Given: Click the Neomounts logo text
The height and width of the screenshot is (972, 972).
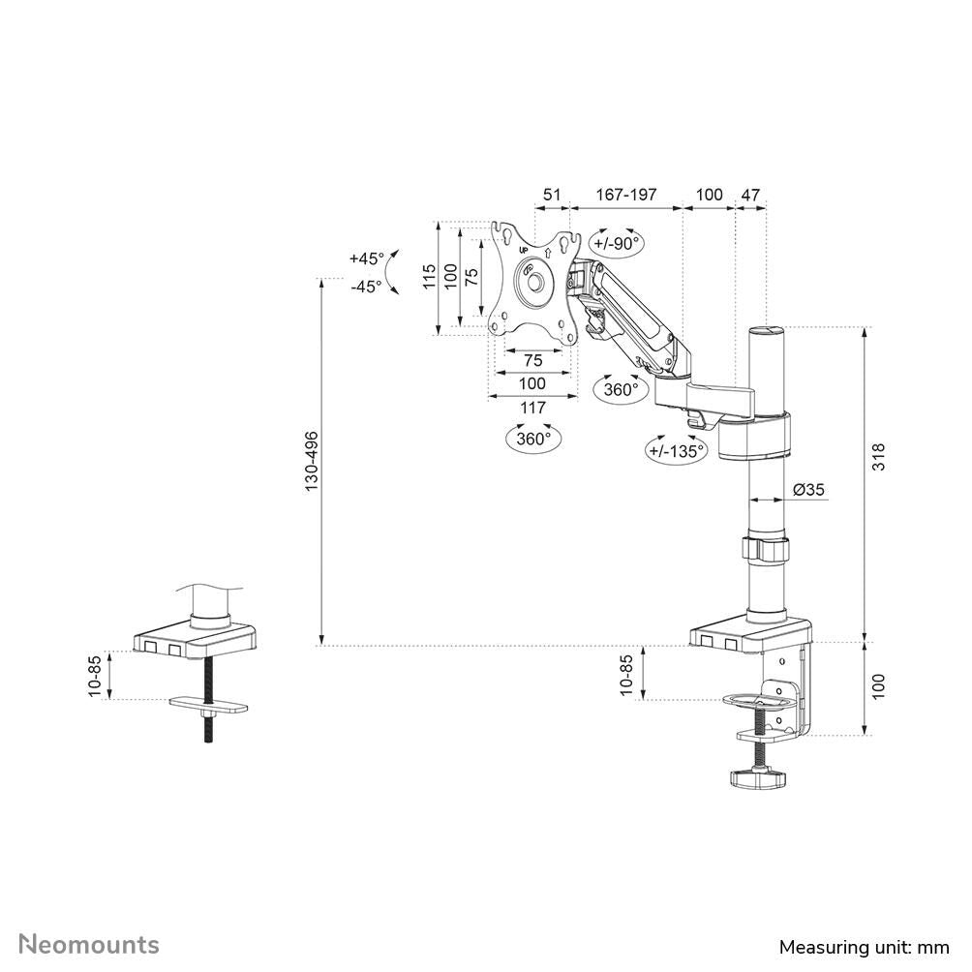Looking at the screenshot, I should pyautogui.click(x=90, y=944).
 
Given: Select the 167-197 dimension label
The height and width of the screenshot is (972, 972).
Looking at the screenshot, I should pyautogui.click(x=625, y=195).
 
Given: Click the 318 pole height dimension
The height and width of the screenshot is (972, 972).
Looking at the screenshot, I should pyautogui.click(x=878, y=457).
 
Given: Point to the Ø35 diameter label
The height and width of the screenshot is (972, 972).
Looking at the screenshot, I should pyautogui.click(x=808, y=490).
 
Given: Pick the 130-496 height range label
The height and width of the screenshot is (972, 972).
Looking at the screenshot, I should pyautogui.click(x=312, y=459).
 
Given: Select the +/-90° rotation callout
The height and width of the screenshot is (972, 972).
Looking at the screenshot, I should pyautogui.click(x=618, y=244).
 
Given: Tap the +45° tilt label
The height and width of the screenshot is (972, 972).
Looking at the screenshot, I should pyautogui.click(x=367, y=258).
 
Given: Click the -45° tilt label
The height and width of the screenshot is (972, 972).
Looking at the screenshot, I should pyautogui.click(x=366, y=287).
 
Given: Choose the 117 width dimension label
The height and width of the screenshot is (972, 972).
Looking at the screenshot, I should pyautogui.click(x=532, y=408).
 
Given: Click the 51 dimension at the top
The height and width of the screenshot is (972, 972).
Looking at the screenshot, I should pyautogui.click(x=551, y=195).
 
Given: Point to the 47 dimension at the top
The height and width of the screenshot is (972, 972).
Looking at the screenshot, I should pyautogui.click(x=750, y=195).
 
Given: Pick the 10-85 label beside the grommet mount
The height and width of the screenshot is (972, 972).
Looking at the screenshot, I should pyautogui.click(x=94, y=676).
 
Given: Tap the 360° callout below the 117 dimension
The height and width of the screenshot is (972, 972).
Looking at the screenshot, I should pyautogui.click(x=533, y=438).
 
